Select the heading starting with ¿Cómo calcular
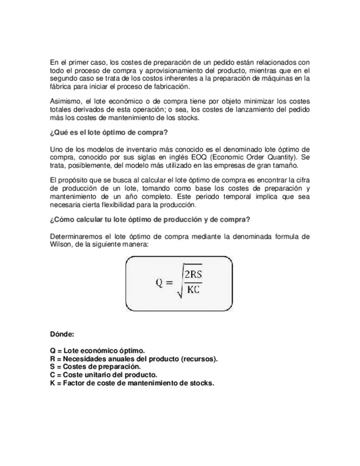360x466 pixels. point(150,220)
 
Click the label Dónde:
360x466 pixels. point(62,334)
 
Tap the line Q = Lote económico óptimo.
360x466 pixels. point(97,351)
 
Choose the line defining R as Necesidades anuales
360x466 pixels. point(134,359)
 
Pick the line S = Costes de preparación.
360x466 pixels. point(95,367)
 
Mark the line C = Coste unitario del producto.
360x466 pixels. point(103,375)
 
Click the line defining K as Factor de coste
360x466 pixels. point(131,383)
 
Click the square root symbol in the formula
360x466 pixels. point(179,283)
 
